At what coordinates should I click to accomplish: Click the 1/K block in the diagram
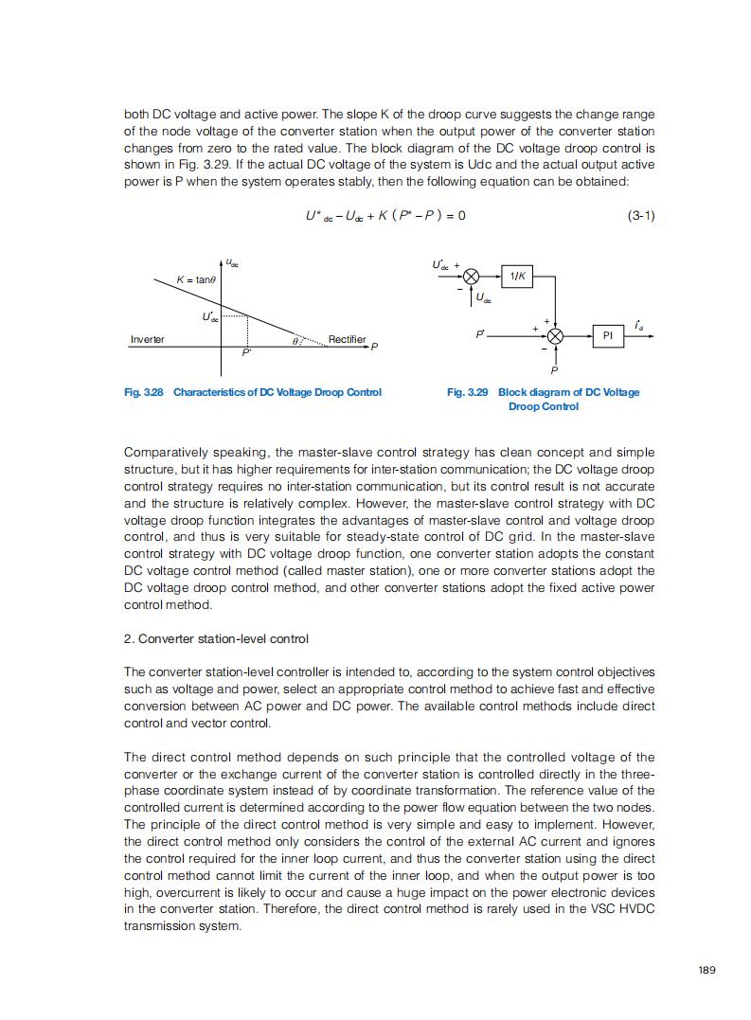pos(518,276)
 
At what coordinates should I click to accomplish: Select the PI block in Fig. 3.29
pos(607,335)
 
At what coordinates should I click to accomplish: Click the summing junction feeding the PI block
pos(556,335)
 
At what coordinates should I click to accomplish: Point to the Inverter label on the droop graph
pos(147,339)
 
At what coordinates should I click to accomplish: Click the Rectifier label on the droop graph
pos(347,339)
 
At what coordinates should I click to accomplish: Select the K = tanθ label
pos(196,279)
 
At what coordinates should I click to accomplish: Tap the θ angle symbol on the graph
pos(295,338)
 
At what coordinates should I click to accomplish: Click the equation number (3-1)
pos(640,216)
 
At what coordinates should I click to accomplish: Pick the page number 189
pos(706,969)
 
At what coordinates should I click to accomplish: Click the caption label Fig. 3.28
pos(144,392)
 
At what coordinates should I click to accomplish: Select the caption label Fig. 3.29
pos(468,392)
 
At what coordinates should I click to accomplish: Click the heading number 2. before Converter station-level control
pos(129,638)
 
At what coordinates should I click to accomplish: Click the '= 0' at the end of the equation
pos(456,216)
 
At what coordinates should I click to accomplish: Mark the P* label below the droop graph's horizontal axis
pos(246,351)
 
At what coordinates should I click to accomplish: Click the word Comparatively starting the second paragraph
pos(163,453)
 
